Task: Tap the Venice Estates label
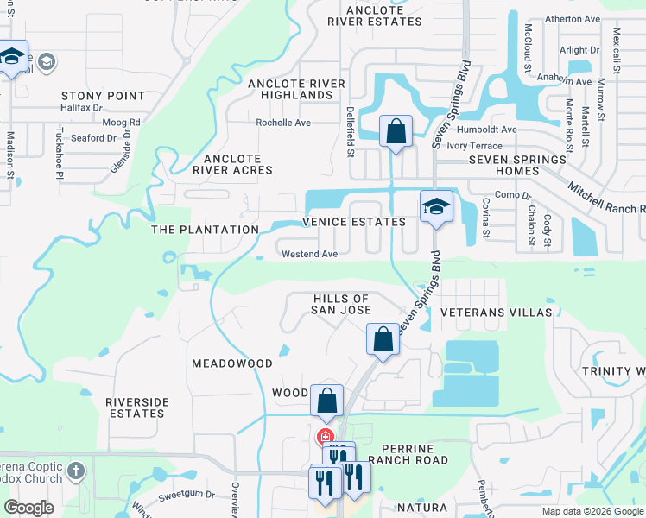pyautogui.click(x=353, y=222)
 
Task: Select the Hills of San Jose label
pyautogui.click(x=340, y=304)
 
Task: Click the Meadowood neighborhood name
pyautogui.click(x=231, y=363)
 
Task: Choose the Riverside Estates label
pyautogui.click(x=136, y=407)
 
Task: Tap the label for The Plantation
pyautogui.click(x=205, y=230)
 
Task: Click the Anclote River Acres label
pyautogui.click(x=232, y=164)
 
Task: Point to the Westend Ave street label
pyautogui.click(x=309, y=254)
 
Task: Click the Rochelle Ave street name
pyautogui.click(x=282, y=123)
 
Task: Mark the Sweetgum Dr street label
pyautogui.click(x=187, y=498)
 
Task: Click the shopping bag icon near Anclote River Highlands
pyautogui.click(x=395, y=133)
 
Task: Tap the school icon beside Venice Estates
pyautogui.click(x=436, y=207)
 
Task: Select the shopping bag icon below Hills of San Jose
pyautogui.click(x=383, y=339)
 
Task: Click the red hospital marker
pyautogui.click(x=325, y=436)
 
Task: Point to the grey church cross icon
pyautogui.click(x=76, y=471)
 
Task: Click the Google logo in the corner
pyautogui.click(x=29, y=507)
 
